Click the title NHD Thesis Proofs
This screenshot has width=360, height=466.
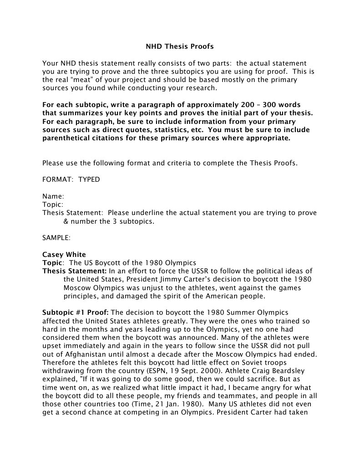pos(179,46)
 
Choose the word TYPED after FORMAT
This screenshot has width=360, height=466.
pos(89,179)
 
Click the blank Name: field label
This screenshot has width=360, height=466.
pos(53,196)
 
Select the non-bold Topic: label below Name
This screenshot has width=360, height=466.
pos(53,204)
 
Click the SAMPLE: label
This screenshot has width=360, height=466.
pos(56,238)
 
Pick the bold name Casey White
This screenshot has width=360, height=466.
pos(64,254)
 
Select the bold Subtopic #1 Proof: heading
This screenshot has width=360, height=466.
pos(76,312)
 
